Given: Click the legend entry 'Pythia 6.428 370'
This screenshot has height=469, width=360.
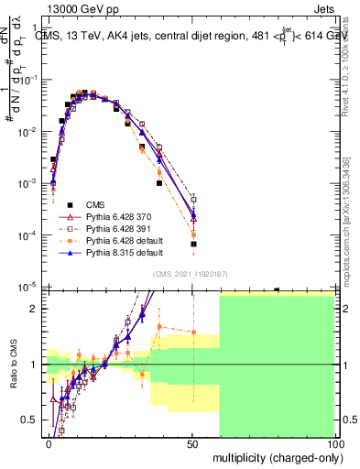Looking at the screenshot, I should point(119,216).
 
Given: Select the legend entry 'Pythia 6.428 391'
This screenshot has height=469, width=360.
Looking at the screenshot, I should point(119,228).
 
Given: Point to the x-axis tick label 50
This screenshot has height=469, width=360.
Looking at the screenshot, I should point(192,443).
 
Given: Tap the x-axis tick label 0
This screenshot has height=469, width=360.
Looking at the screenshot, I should point(49,443).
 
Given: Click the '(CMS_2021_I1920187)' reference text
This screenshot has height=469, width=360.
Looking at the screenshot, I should point(191,273).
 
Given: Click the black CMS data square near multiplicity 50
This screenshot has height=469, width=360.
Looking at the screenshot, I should point(193,245).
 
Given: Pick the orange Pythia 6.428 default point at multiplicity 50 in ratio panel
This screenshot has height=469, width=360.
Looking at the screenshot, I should point(193,332).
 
